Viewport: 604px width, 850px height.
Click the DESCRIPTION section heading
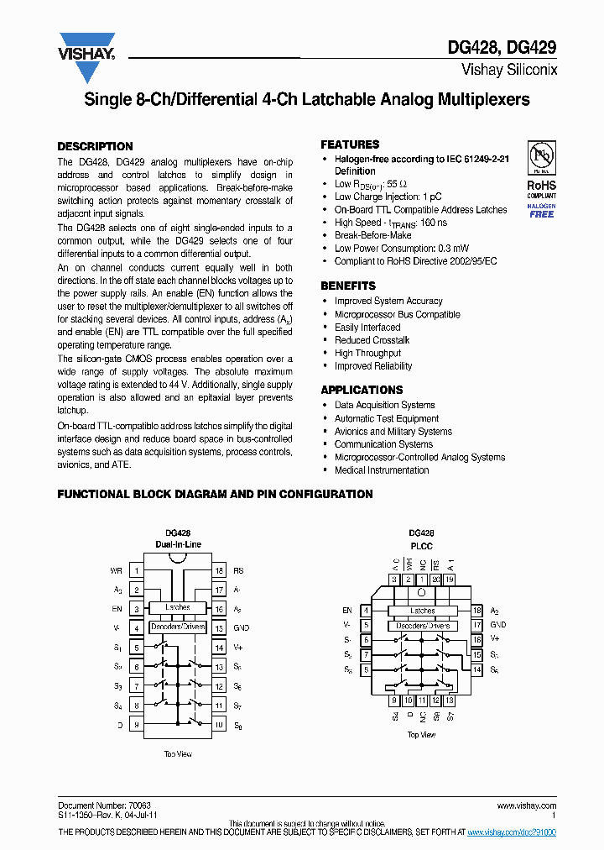[95, 146]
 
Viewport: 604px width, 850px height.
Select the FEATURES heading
[350, 144]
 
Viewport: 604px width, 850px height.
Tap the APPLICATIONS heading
[362, 390]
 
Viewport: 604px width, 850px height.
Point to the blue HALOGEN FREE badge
[541, 211]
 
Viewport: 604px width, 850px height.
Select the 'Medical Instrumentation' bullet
[381, 470]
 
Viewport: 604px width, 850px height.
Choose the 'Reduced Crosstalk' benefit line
[372, 340]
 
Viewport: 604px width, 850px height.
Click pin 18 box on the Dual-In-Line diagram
[218, 570]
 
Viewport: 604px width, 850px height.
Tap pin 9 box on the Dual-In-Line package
[136, 724]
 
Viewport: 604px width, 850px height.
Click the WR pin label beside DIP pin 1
[116, 570]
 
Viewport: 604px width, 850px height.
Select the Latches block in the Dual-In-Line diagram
[177, 607]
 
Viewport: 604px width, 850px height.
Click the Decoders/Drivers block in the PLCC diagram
[423, 626]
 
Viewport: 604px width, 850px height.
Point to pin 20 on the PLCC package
[436, 580]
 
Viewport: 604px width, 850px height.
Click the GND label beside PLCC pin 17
[498, 625]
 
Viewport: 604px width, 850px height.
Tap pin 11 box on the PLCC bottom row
[422, 700]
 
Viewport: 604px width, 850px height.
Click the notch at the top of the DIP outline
[177, 557]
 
